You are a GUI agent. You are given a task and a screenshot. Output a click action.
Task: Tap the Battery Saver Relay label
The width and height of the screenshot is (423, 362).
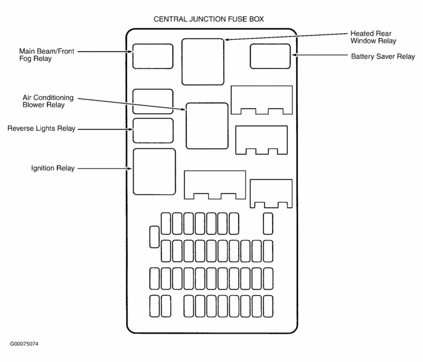(x=383, y=57)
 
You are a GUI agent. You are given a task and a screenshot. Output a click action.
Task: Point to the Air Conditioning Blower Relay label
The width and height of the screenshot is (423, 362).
(x=48, y=101)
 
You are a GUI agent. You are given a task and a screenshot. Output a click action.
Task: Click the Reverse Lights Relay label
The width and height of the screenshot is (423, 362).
(x=41, y=129)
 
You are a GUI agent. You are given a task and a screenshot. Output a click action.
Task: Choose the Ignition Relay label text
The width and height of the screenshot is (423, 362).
(x=53, y=168)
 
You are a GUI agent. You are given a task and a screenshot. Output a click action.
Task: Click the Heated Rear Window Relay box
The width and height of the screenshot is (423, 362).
(x=202, y=62)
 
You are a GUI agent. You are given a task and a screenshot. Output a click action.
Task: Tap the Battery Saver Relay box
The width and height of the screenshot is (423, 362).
(x=271, y=56)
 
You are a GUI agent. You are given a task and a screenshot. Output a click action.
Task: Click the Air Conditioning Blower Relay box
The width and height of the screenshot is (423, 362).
(x=207, y=125)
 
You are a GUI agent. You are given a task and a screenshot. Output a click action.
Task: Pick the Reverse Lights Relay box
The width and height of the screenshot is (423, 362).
(x=153, y=130)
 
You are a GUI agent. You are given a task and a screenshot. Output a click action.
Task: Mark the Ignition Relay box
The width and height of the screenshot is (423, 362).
(x=154, y=171)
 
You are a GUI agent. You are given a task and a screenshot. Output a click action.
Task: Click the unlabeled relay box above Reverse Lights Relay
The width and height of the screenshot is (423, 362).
(x=153, y=101)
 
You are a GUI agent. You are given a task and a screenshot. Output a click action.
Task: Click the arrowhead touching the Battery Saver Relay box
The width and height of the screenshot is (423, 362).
(x=294, y=56)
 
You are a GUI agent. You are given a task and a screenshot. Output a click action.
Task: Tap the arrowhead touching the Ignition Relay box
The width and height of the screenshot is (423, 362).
(x=131, y=168)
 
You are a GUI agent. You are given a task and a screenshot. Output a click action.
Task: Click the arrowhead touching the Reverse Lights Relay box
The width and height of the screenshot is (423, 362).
(x=131, y=129)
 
